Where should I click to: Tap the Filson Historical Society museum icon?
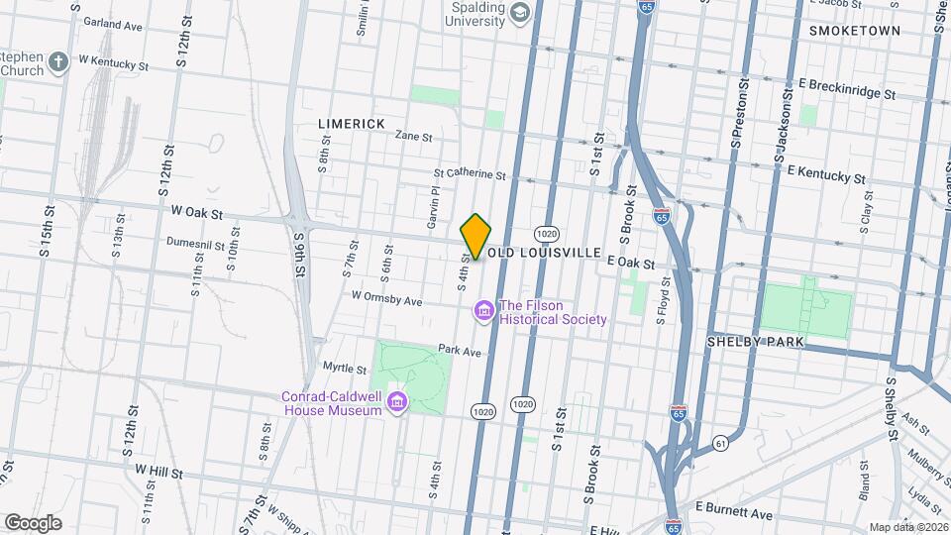(x=484, y=312)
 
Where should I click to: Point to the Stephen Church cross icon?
(x=58, y=63)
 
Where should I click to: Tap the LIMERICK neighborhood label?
(x=352, y=123)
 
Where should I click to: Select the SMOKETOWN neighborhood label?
(x=855, y=31)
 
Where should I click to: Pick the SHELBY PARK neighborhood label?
(x=755, y=341)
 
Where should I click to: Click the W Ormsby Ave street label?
(x=386, y=298)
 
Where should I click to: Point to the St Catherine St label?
(x=469, y=173)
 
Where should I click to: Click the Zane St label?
(x=414, y=136)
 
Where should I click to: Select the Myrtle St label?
(x=346, y=368)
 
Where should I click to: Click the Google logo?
(x=33, y=522)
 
